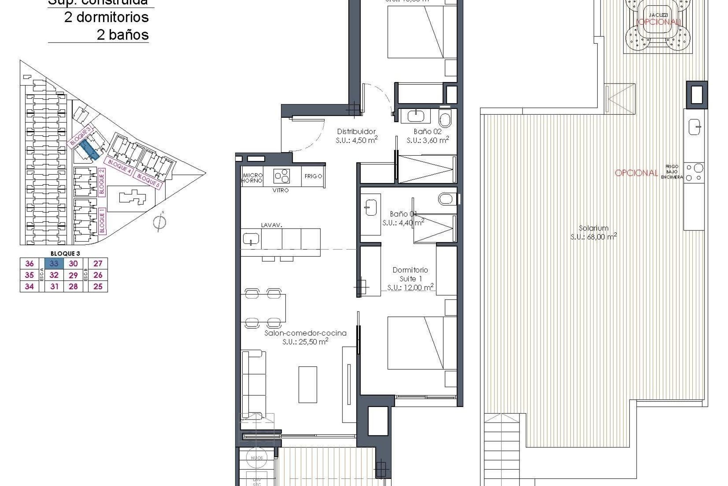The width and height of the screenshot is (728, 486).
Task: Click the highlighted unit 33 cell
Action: tap(54, 264)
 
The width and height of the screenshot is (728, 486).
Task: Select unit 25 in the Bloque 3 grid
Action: tap(98, 287)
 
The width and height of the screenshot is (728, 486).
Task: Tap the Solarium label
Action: tap(593, 228)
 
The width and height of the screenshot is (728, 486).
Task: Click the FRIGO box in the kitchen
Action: tap(313, 176)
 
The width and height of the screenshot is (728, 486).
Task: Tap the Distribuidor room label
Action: tap(356, 132)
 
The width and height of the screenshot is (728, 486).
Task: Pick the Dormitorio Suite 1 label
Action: tap(410, 274)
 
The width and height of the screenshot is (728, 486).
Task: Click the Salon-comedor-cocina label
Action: tap(305, 333)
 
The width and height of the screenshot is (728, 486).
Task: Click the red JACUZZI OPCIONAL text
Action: tap(659, 22)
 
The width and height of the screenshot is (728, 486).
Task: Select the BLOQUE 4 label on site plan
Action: tap(120, 166)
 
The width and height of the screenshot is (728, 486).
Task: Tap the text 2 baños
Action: tap(122, 35)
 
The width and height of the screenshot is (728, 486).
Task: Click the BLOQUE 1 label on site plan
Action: tap(102, 221)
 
